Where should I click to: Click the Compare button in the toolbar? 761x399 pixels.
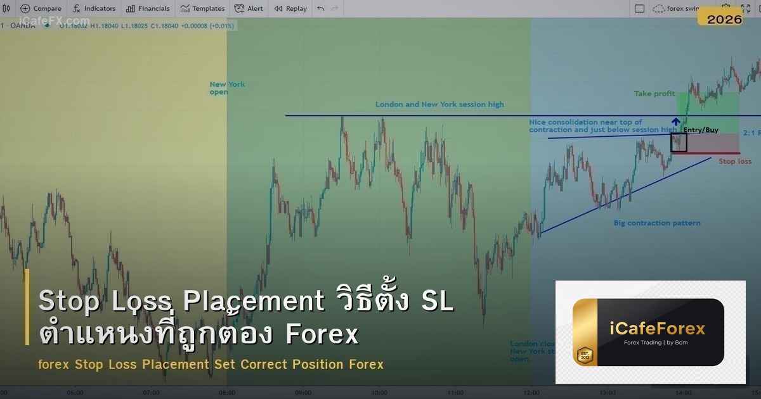(41, 9)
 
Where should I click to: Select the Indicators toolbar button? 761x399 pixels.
(94, 9)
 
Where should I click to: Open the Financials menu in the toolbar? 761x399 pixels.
(148, 9)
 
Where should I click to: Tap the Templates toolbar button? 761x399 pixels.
(202, 9)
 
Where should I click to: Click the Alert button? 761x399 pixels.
(249, 9)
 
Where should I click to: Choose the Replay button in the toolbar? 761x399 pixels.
(290, 9)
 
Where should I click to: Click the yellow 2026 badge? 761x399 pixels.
(724, 20)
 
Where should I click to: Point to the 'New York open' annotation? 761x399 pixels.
(226, 88)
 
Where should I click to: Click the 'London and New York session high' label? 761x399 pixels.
(439, 104)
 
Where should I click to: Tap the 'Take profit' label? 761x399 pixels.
(654, 94)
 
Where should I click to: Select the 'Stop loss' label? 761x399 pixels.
(734, 161)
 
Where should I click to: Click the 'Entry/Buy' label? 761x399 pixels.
(701, 130)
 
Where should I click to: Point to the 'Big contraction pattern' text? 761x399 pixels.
(657, 223)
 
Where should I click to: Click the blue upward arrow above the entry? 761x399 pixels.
(676, 122)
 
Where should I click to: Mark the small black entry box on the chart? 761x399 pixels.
(679, 142)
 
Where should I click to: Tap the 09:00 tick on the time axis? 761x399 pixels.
(303, 393)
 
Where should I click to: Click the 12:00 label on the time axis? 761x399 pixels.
(531, 393)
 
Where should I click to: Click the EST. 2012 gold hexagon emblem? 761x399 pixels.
(584, 355)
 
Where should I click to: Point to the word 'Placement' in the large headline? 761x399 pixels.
(253, 301)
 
